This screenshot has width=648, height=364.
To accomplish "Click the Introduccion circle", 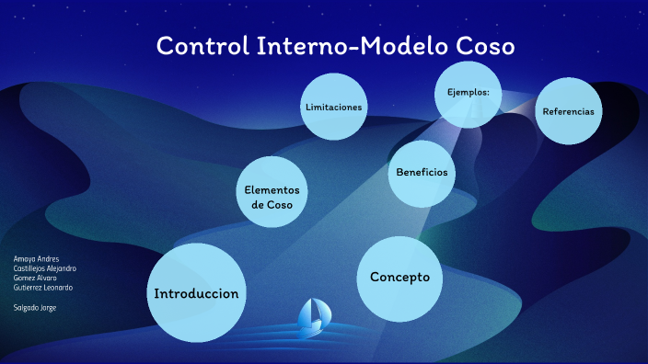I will pos(197,292).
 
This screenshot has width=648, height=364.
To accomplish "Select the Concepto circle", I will pos(399,275).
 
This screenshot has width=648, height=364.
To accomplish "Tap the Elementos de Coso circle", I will pos(272,195).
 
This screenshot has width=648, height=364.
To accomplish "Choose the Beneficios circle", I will pos(422,173).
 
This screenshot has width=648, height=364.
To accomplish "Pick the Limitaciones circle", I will pos(333,107).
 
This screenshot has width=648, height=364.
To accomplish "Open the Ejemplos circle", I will pos(469,94).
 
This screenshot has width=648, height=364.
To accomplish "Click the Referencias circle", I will pos(568,111).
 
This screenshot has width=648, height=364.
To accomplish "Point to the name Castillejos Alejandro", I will pos(44,268).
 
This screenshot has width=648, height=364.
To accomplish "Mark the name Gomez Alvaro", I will pos(34,278).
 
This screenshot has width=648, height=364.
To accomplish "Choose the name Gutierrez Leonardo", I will pos(42,287).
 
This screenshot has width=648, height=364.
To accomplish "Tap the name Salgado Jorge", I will pos(35,307).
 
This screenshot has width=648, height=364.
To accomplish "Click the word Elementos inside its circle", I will pos(272,189).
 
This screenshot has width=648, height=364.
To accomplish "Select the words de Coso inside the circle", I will pos(272,205).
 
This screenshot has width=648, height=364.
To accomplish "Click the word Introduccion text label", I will pos(197,294).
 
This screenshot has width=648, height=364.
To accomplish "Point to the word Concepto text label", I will pos(399,277).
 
